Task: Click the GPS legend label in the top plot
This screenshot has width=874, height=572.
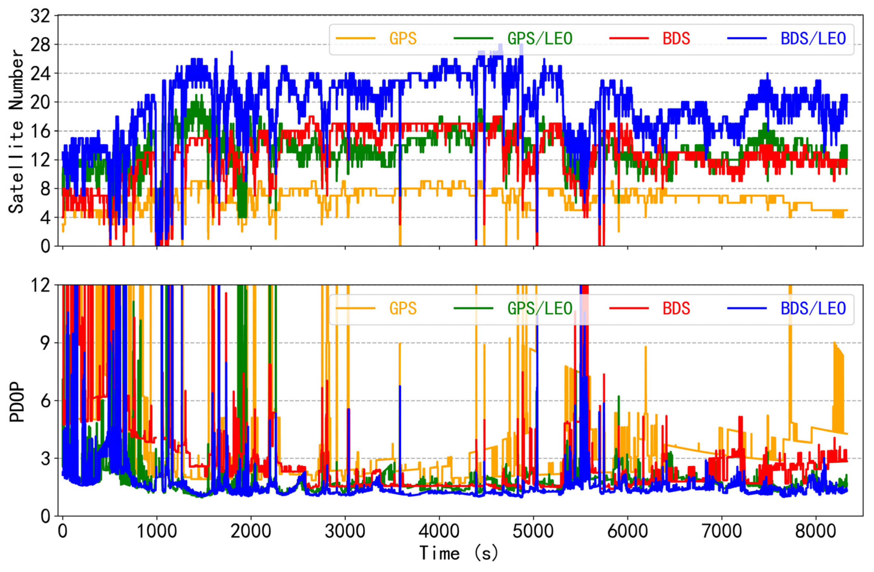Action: pos(403,38)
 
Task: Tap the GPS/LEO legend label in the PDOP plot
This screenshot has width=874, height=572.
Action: pos(540,308)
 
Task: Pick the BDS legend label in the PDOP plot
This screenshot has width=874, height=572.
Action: pos(676,308)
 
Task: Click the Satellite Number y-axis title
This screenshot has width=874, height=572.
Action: pos(16,131)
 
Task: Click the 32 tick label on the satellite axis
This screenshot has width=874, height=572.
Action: pos(40,16)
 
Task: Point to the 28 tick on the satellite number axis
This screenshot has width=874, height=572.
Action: pos(40,45)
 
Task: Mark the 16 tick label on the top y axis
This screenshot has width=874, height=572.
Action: pos(40,131)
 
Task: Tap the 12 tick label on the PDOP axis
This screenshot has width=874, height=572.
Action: pos(40,285)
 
